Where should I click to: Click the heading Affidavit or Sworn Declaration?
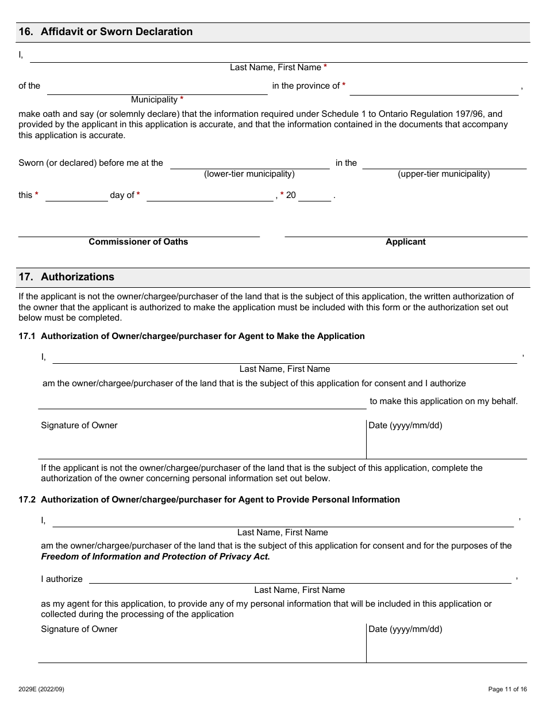(x=117, y=32)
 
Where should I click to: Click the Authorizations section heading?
(x=78, y=277)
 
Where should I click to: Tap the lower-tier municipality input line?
(x=249, y=163)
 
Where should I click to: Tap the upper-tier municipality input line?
(x=444, y=163)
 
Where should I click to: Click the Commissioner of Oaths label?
(x=138, y=242)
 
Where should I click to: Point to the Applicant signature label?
(x=405, y=242)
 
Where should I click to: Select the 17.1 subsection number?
(x=27, y=336)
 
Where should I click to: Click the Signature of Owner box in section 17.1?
(x=202, y=440)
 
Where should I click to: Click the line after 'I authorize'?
(x=299, y=578)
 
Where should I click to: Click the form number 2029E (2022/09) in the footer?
(x=41, y=689)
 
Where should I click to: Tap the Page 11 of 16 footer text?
(x=507, y=689)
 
